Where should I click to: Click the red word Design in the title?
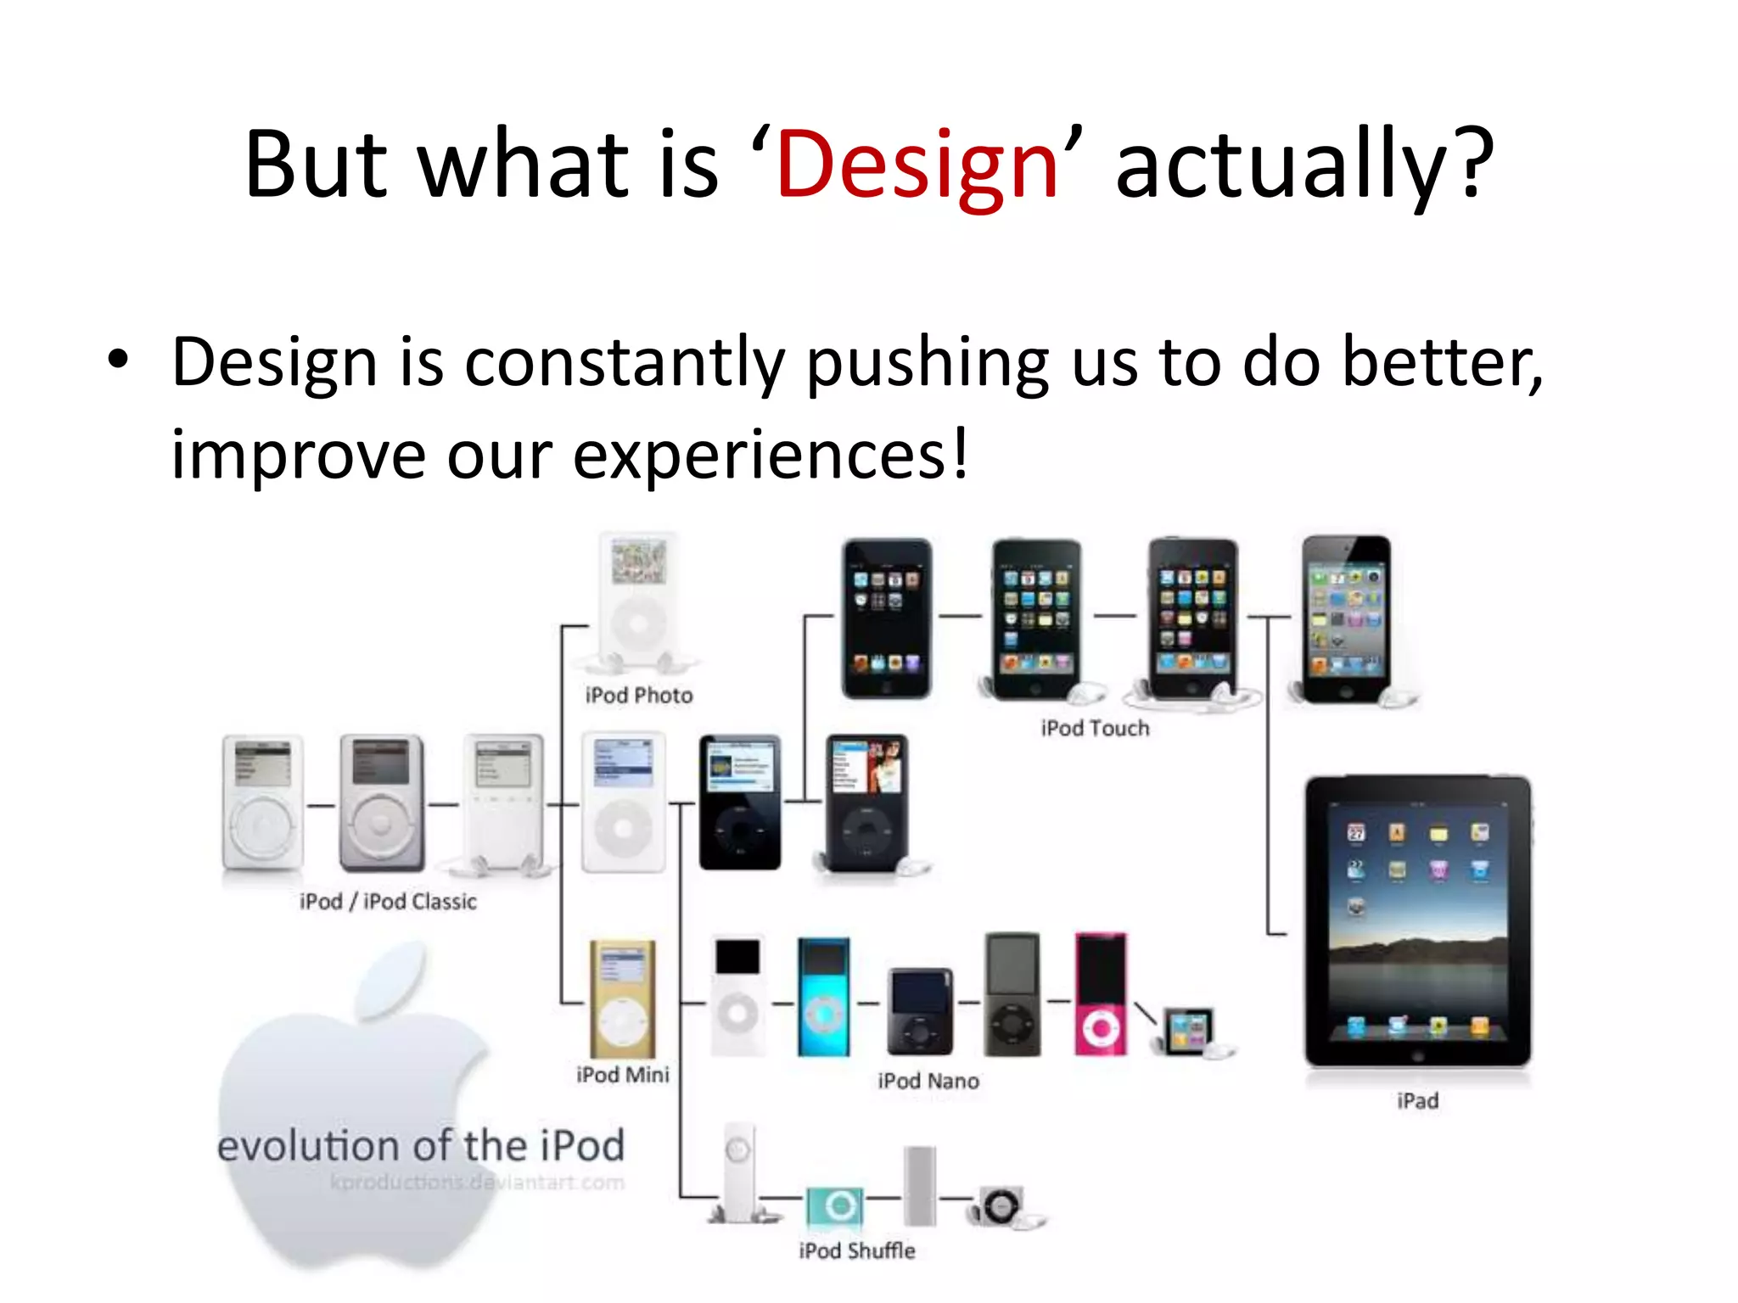917,165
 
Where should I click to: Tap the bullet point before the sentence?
118,360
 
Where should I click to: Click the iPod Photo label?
638,696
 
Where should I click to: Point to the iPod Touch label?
1095,729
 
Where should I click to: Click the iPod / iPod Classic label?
388,902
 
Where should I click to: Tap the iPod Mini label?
622,1075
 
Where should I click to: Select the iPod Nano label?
928,1081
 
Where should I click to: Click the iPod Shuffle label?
857,1251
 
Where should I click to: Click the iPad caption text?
1417,1101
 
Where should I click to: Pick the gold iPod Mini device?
622,999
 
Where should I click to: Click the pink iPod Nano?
1101,994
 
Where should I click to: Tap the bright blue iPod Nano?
823,997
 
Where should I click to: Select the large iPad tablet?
1417,920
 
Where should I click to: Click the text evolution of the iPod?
421,1146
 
